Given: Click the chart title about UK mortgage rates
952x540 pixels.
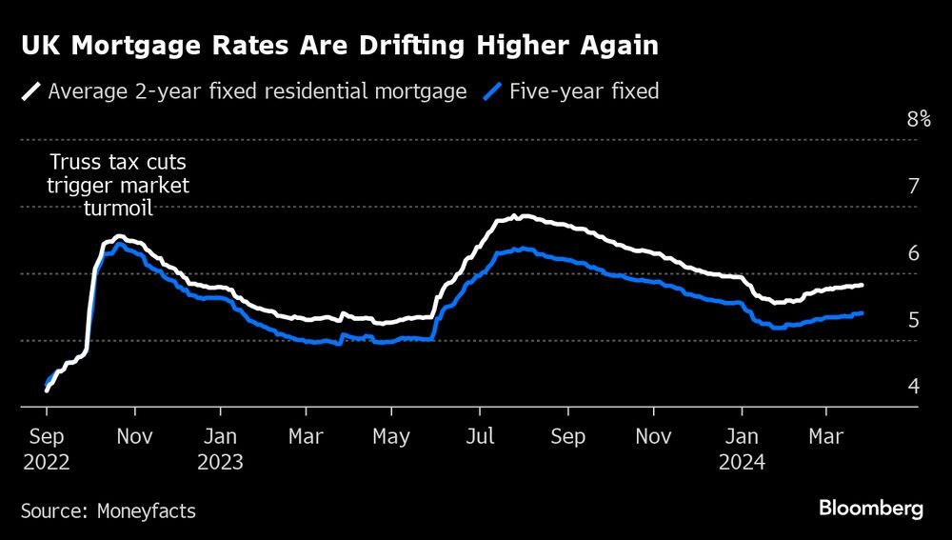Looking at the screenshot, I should click(x=340, y=46).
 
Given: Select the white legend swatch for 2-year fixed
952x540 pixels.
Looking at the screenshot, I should click(x=31, y=92).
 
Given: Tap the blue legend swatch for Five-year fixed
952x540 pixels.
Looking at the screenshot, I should click(x=492, y=92).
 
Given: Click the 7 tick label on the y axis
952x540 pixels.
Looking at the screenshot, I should click(x=913, y=187).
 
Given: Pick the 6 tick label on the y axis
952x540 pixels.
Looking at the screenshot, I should click(x=913, y=253).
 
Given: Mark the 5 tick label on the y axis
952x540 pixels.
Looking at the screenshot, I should click(x=913, y=320).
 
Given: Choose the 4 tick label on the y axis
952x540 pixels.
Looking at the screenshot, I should click(x=913, y=387).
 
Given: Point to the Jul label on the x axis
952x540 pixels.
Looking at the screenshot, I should click(x=480, y=437).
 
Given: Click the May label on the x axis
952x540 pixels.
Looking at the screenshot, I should click(x=391, y=437).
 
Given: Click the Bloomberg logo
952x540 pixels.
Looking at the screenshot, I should click(x=871, y=509).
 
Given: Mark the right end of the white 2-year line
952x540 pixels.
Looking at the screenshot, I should click(x=862, y=285).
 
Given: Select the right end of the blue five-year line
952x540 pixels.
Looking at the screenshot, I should click(x=862, y=312).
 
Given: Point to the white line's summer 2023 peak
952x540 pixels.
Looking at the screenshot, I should click(x=514, y=217).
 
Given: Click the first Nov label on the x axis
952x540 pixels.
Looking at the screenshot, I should click(x=134, y=437).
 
